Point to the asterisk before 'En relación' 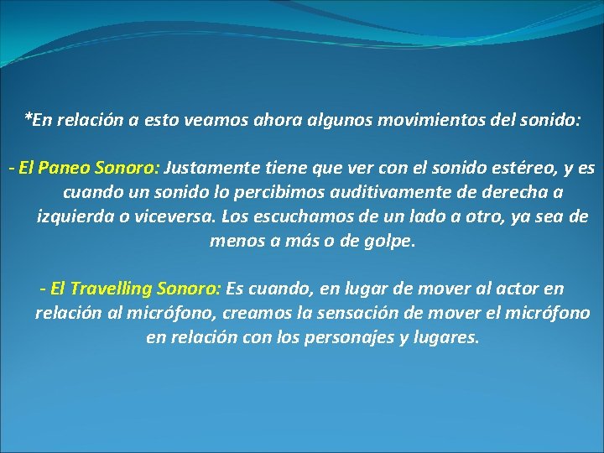28,117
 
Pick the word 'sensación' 382,314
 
